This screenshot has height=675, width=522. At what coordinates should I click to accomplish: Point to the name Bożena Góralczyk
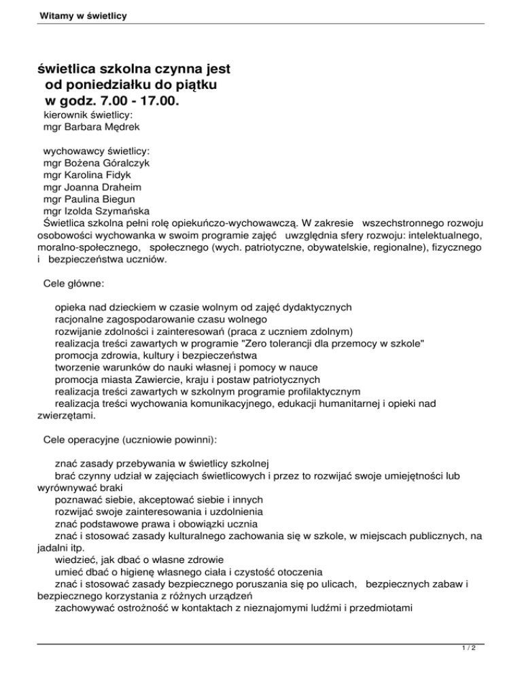coord(109,164)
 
